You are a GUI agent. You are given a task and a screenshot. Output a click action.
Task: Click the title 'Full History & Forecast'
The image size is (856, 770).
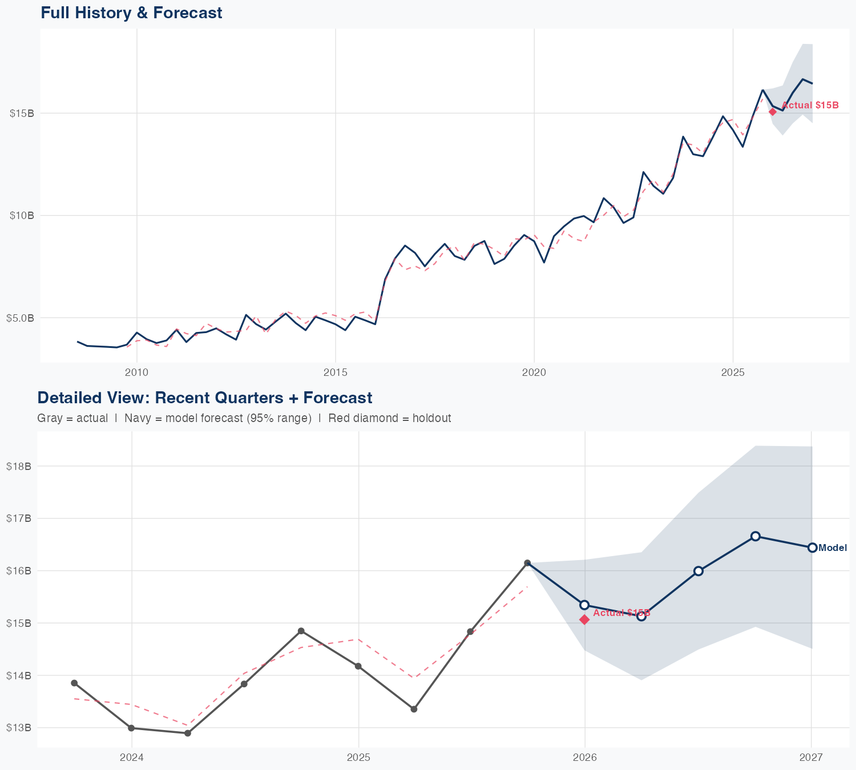coord(131,13)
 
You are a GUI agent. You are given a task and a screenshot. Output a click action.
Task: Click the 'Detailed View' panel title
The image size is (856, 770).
coord(204,398)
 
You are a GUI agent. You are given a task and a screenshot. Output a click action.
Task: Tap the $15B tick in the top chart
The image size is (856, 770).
coord(22,113)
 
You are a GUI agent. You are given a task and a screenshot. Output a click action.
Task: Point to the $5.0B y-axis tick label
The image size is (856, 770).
coord(21,318)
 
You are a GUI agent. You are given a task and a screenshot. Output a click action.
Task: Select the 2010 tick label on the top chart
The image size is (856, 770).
coord(137,372)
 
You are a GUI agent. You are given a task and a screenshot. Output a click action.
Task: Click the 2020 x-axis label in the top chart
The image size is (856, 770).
coord(534,372)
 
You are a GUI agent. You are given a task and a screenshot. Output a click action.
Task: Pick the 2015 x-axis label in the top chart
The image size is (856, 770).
coord(336,372)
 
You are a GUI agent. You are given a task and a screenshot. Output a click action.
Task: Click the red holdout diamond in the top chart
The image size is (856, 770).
coord(773,112)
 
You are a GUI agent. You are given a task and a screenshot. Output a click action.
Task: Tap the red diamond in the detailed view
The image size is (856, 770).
coord(584,619)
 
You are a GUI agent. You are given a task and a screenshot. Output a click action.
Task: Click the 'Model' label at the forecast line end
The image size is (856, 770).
coord(833,548)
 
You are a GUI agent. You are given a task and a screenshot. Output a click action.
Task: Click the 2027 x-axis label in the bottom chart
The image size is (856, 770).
coord(811,757)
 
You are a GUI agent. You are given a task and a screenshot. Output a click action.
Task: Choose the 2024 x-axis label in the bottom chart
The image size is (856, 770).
coord(132,757)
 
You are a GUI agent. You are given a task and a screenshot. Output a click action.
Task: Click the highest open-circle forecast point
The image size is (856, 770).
coord(755,536)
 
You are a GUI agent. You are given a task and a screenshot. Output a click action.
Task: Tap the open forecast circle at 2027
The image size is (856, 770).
coord(812,548)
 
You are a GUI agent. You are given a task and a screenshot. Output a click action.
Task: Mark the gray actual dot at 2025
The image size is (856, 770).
coord(358,666)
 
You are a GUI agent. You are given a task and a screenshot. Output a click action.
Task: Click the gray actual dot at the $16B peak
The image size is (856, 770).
coord(527,563)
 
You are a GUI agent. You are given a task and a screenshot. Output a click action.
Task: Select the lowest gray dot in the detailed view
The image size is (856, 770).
coord(188,733)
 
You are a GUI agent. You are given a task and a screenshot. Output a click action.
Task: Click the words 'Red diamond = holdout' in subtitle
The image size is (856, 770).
coord(390,418)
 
